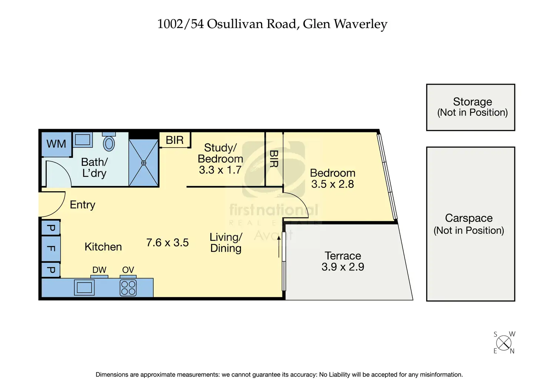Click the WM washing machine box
tap(56, 144)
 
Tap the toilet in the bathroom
tap(109, 143)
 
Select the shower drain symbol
tap(144, 163)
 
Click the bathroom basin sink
tap(83, 140)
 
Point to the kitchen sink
tap(84, 287)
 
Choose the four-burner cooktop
tap(128, 288)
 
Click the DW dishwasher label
tap(99, 270)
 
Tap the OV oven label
tap(128, 270)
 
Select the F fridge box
tap(51, 248)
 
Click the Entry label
tap(83, 205)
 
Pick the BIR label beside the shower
tap(175, 140)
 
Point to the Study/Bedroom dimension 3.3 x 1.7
tap(220, 170)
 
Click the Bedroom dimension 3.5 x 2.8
tap(332, 184)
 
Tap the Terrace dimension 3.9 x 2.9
tap(343, 267)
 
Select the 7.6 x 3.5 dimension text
tap(167, 243)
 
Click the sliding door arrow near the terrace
tap(279, 246)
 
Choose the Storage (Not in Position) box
tap(471, 107)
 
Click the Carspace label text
tap(469, 218)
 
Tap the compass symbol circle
tap(504, 343)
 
